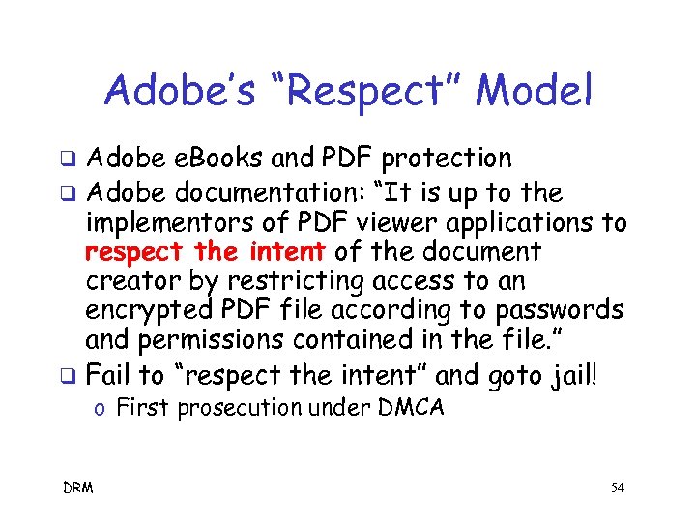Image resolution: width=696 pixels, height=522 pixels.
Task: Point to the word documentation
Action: [x=267, y=191]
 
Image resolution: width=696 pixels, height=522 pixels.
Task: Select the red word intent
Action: [x=286, y=253]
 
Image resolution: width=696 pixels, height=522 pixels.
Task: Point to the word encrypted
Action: [x=147, y=312]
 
